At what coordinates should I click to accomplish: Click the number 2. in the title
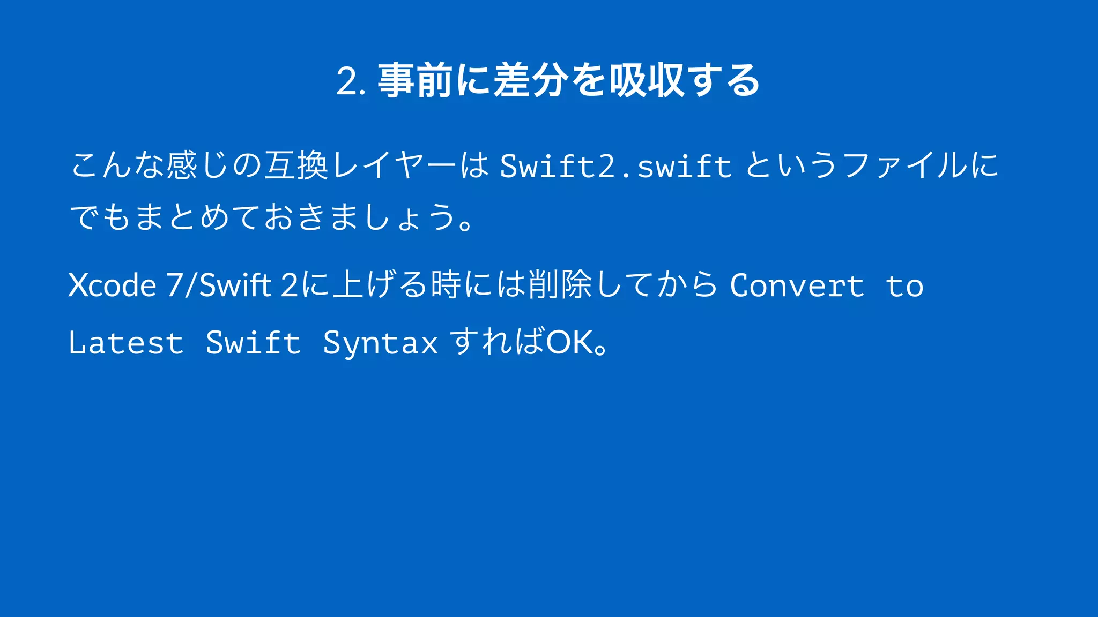tap(351, 82)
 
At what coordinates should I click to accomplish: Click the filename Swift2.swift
tap(616, 166)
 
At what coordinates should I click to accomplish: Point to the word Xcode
tap(112, 285)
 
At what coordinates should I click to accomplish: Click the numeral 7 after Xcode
tap(174, 285)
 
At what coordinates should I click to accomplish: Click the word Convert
tap(797, 285)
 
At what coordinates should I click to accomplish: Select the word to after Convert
tap(904, 286)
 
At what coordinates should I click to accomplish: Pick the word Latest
tap(127, 343)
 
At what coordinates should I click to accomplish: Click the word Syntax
tap(380, 343)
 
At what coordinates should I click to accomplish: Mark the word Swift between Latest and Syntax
tap(253, 343)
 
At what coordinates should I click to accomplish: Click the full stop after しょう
tap(465, 224)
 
